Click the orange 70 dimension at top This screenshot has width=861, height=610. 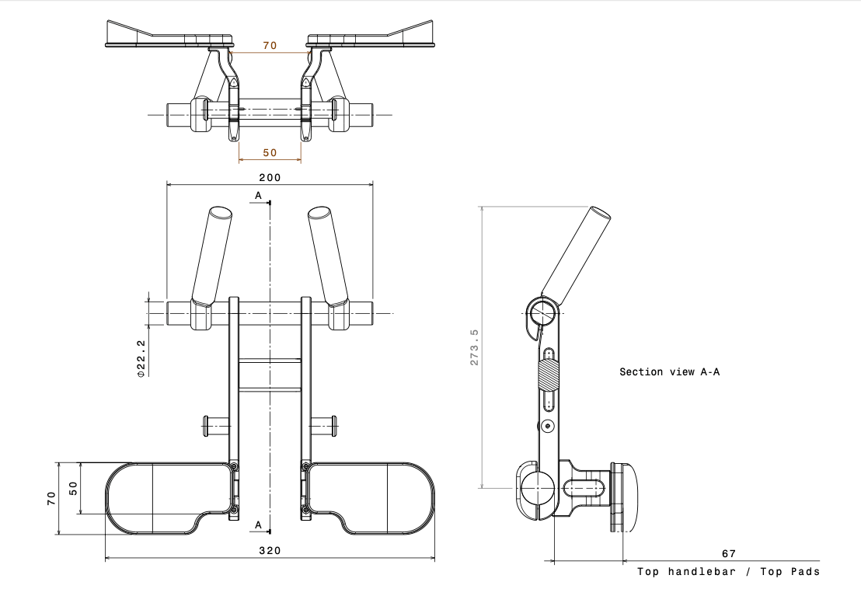click(270, 46)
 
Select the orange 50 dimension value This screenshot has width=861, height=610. click(270, 152)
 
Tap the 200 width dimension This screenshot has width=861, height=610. click(270, 177)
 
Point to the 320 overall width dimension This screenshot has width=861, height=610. click(270, 551)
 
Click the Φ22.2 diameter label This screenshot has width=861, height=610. click(141, 358)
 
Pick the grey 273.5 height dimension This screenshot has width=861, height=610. click(475, 347)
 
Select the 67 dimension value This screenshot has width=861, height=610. click(729, 553)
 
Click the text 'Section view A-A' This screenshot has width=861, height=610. click(669, 371)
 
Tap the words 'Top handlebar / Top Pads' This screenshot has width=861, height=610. click(728, 572)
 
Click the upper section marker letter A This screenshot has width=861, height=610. click(258, 196)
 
